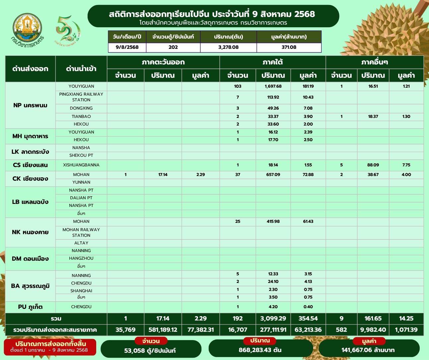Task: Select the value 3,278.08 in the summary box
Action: click(228, 47)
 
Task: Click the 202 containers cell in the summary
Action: click(173, 47)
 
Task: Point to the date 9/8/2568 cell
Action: click(127, 47)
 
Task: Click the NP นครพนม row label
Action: click(30, 105)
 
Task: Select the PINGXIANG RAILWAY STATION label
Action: click(81, 97)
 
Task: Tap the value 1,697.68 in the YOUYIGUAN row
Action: click(273, 86)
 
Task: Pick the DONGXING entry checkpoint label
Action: click(81, 108)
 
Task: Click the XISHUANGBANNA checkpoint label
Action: click(81, 165)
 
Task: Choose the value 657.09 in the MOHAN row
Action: click(273, 175)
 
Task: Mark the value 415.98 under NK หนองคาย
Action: click(273, 222)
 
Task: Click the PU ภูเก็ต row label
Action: click(30, 307)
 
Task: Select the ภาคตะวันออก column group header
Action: click(163, 62)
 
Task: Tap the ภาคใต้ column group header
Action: click(272, 62)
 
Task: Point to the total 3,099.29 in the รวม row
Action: click(273, 318)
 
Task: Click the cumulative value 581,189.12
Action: click(163, 330)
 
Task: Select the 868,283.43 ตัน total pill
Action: click(260, 350)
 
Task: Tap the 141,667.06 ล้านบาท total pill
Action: click(368, 350)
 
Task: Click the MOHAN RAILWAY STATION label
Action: click(81, 232)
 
